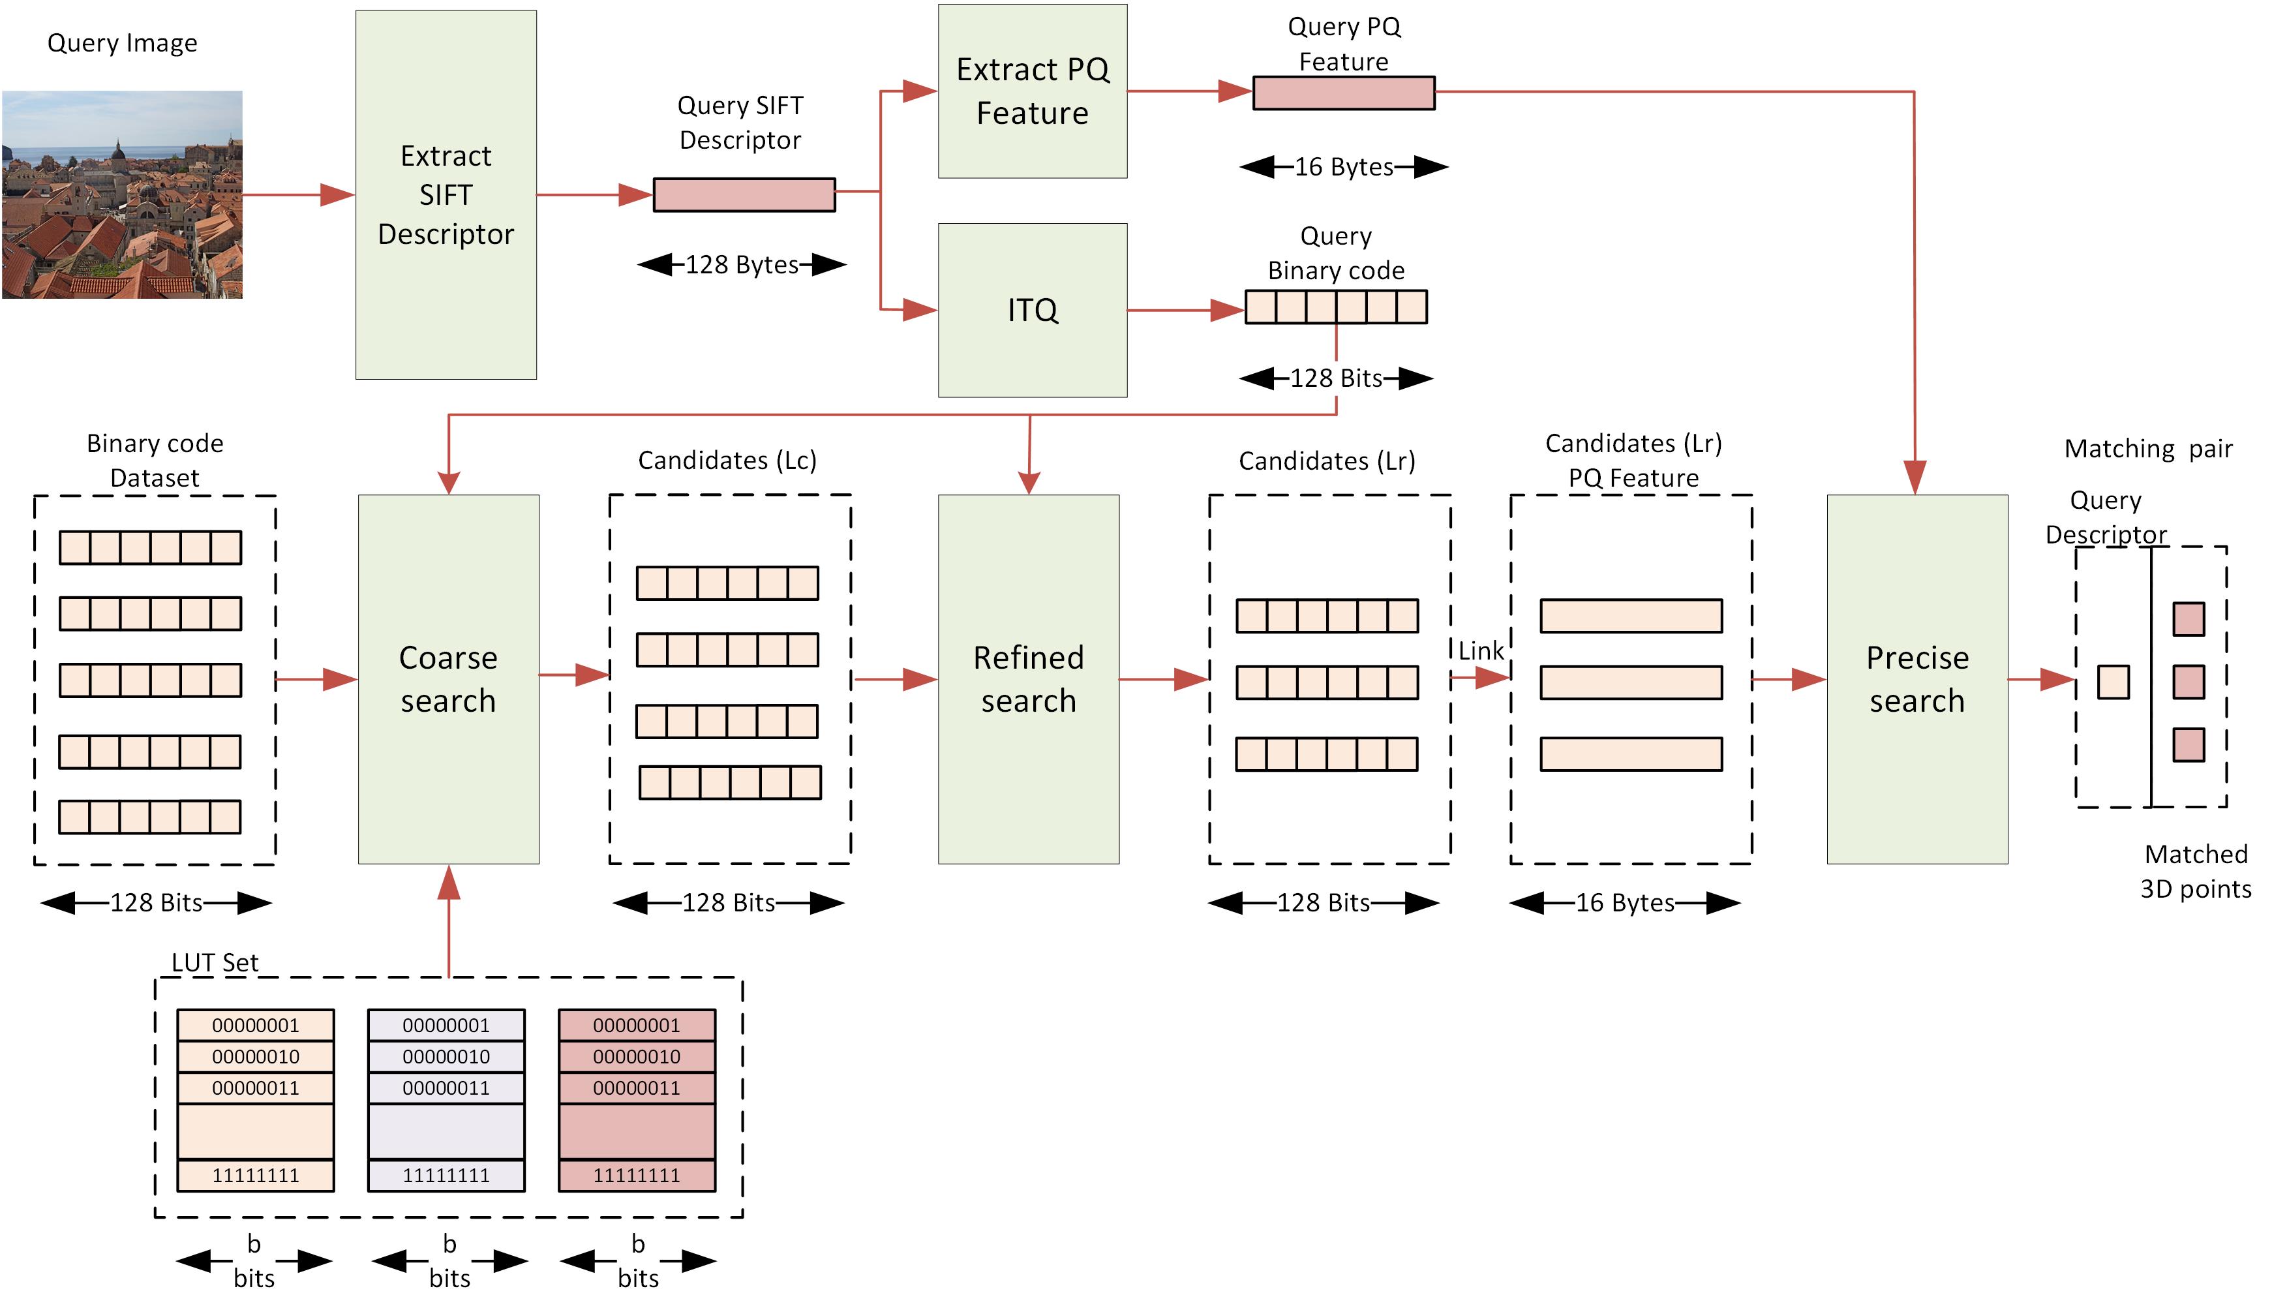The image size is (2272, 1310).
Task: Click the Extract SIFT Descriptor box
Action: click(x=446, y=194)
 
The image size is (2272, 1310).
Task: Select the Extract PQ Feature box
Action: click(x=1033, y=91)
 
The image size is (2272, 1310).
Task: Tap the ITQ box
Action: click(x=1033, y=311)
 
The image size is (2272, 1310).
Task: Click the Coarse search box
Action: click(x=449, y=679)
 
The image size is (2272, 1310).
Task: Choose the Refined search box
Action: click(x=1029, y=679)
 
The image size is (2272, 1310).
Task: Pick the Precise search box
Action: click(x=1918, y=679)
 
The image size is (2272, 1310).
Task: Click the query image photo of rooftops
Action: click(x=123, y=194)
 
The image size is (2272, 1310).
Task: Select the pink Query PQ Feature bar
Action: click(x=1344, y=93)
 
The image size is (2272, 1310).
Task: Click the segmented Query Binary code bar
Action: click(x=1336, y=307)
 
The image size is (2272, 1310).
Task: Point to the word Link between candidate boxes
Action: click(x=1481, y=650)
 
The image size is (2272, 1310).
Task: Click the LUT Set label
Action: click(x=215, y=963)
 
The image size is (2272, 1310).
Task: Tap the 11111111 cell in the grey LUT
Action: click(x=446, y=1175)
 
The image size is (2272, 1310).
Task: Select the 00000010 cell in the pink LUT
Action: click(x=637, y=1056)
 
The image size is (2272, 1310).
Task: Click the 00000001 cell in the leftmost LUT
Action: click(x=256, y=1025)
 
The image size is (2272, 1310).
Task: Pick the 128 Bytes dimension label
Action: click(x=742, y=264)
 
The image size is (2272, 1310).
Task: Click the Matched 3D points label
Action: click(x=2196, y=871)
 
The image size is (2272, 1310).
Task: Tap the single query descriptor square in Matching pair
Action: click(x=2113, y=682)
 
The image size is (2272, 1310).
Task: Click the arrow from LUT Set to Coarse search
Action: click(x=449, y=921)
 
